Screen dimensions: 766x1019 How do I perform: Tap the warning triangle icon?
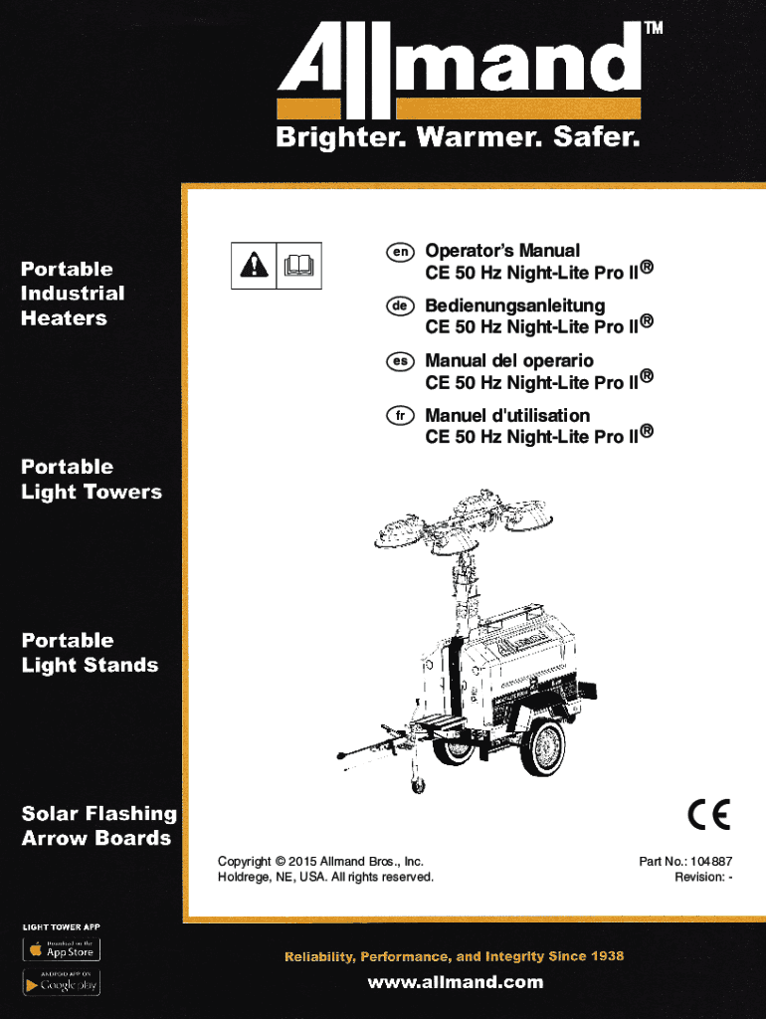pos(254,265)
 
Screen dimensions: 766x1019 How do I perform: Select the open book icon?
pos(298,265)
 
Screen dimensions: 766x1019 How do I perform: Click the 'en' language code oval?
pos(400,252)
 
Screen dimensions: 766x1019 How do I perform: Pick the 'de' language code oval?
pos(400,306)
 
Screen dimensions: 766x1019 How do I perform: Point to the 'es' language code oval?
pos(400,361)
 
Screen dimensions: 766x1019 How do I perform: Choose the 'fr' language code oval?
pos(400,416)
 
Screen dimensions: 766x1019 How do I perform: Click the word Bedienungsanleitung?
pos(515,306)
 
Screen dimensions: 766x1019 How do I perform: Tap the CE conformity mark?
pos(709,814)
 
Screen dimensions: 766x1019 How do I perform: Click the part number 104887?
pos(711,861)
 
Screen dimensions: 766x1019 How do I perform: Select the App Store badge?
pos(62,949)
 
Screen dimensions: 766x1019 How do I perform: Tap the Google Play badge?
pos(62,982)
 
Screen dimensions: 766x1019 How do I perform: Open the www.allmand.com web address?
pos(456,982)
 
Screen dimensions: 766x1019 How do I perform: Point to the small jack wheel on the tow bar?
pos(419,786)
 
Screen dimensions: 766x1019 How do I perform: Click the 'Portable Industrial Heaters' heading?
pos(72,294)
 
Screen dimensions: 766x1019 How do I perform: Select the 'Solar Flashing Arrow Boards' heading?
pos(98,826)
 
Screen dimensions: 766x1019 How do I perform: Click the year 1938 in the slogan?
pos(608,956)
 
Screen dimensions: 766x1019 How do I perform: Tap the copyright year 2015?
pos(302,862)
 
